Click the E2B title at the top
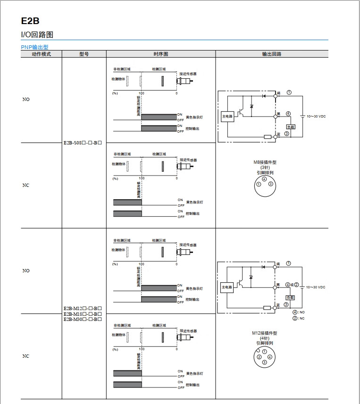point(30,21)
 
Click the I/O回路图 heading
point(37,34)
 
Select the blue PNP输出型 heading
point(34,47)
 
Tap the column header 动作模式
point(41,54)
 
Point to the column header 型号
point(84,54)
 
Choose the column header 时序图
point(161,54)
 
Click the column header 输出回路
point(272,54)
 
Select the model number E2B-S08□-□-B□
point(83,143)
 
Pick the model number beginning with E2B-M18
point(83,314)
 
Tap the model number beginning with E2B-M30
point(83,320)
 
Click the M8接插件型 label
point(265,162)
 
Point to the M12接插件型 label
point(265,333)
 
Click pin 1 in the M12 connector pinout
point(265,352)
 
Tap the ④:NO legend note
point(299,312)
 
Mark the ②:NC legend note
point(299,318)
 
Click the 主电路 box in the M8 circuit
point(227,117)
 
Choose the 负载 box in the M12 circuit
point(290,298)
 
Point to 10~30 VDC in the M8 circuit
point(316,116)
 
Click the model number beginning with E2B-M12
point(83,309)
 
